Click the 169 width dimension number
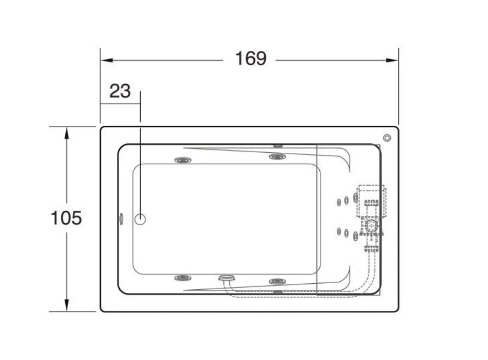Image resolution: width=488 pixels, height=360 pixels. click(x=251, y=59)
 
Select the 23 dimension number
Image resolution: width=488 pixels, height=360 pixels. click(x=120, y=91)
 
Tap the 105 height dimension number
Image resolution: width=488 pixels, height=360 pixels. click(x=66, y=218)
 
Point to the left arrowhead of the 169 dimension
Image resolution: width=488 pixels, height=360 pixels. click(x=107, y=60)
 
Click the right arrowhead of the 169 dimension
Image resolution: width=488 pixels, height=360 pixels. click(x=392, y=60)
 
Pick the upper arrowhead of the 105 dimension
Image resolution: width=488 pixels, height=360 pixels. click(x=67, y=133)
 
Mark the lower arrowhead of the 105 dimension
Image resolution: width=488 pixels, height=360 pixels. click(x=67, y=305)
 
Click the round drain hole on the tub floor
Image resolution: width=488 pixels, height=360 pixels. click(x=140, y=219)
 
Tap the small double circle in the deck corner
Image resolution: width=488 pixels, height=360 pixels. click(x=387, y=138)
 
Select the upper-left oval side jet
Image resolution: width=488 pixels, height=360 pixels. click(x=183, y=160)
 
